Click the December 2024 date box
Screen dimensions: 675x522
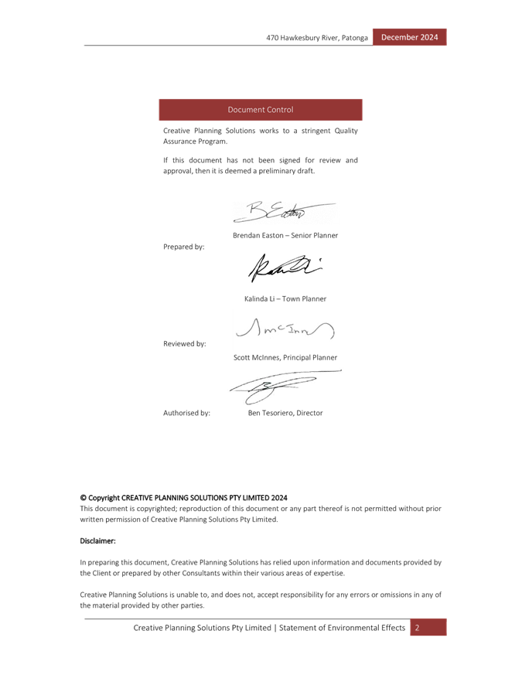point(409,37)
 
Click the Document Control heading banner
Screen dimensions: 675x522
point(261,110)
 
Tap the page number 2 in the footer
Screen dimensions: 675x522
point(417,627)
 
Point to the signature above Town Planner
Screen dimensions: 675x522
point(285,268)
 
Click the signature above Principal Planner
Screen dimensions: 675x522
point(285,330)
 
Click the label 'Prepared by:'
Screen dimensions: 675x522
point(183,247)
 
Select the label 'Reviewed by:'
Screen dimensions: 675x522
point(184,343)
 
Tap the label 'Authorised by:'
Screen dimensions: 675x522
point(186,413)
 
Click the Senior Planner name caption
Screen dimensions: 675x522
point(285,235)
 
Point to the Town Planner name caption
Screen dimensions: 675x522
point(285,298)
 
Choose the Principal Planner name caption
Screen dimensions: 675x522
point(285,357)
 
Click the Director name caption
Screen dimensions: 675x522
point(285,413)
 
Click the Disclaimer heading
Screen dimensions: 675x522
point(97,541)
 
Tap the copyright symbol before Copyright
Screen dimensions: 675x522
point(83,497)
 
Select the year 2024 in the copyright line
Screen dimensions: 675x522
point(279,497)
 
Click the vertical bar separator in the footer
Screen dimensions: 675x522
point(274,627)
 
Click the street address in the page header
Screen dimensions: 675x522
point(318,37)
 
